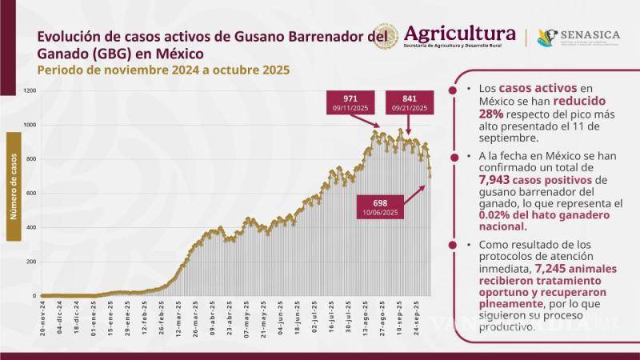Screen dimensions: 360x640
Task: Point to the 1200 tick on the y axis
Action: pyautogui.click(x=30, y=91)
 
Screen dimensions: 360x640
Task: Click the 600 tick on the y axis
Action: pyautogui.click(x=31, y=194)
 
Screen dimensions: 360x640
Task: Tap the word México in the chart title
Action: pyautogui.click(x=181, y=54)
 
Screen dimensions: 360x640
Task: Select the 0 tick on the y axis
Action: pyautogui.click(x=34, y=296)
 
